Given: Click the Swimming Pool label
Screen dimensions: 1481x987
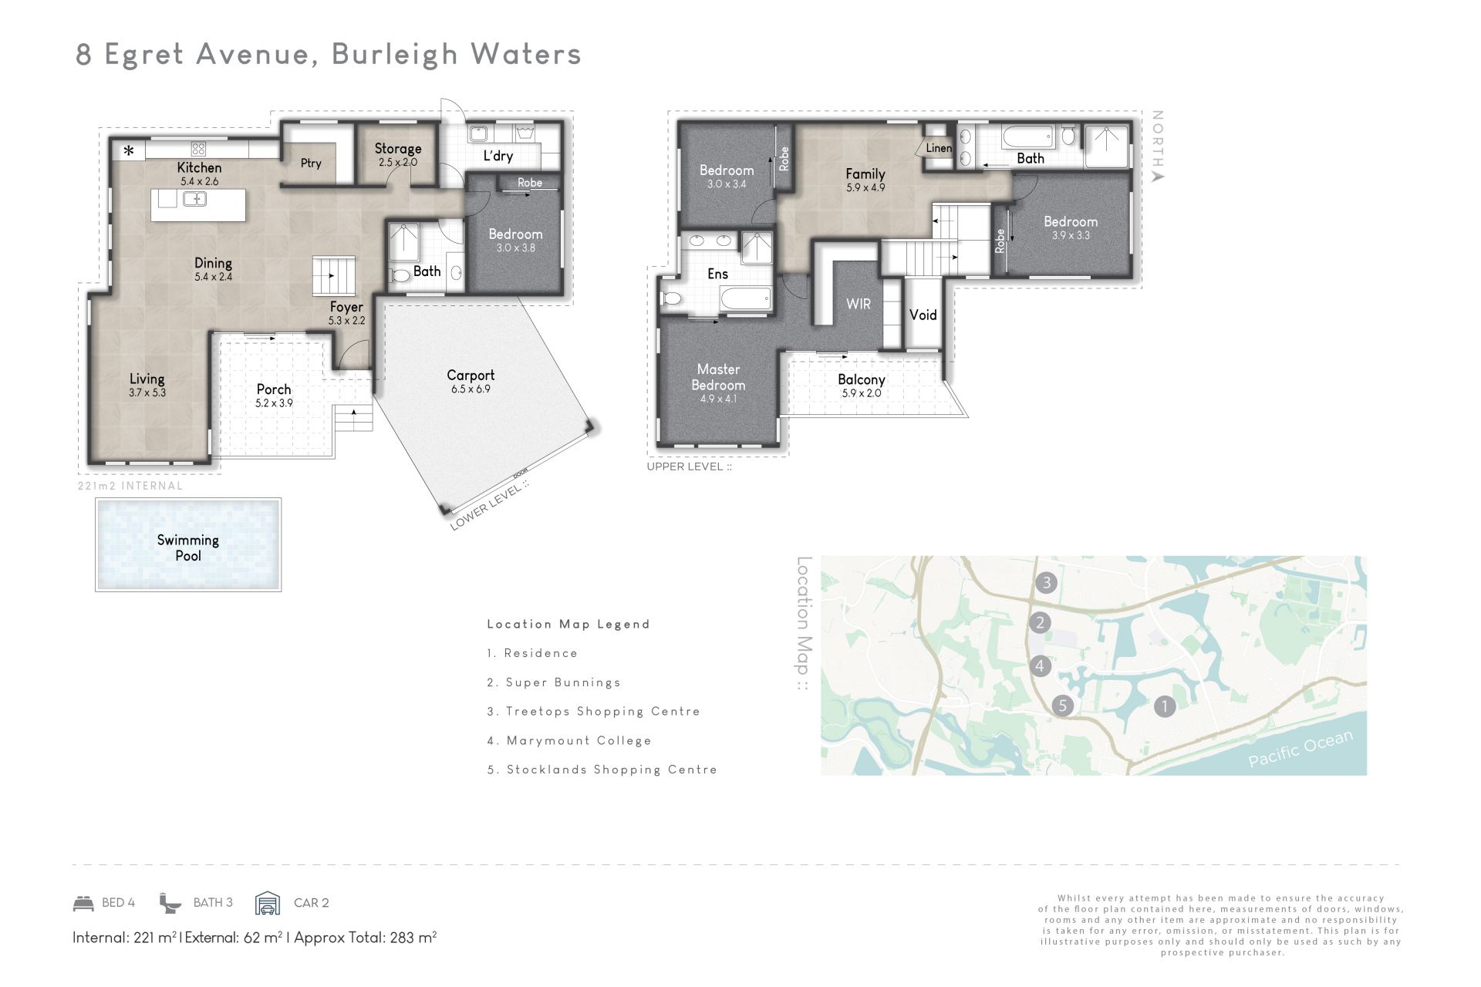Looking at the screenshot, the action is (188, 547).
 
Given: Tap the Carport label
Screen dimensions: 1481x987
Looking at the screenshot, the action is (471, 376).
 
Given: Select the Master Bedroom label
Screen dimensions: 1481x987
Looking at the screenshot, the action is (718, 377).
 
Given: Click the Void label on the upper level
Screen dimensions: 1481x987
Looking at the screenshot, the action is (923, 315).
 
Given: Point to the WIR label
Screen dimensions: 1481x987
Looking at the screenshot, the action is (859, 304).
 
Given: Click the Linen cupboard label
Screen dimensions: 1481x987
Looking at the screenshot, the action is (939, 148).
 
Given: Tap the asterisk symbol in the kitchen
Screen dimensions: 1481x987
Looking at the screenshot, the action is (130, 150).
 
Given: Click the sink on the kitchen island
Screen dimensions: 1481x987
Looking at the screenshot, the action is (194, 199).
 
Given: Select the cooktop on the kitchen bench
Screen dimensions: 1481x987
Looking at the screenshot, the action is (198, 148).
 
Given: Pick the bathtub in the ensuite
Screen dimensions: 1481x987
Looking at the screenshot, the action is (744, 298).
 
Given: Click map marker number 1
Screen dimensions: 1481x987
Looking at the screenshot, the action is (1164, 706).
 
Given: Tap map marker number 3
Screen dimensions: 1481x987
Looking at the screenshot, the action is (1046, 582).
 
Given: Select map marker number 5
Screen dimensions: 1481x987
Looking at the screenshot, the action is (1063, 705).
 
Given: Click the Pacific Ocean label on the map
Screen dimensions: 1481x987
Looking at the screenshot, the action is (1301, 748).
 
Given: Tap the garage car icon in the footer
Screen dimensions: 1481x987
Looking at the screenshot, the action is (268, 903).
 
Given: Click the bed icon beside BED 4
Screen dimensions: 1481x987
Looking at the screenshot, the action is (83, 903).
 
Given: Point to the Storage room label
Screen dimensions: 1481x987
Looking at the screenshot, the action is (398, 149).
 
